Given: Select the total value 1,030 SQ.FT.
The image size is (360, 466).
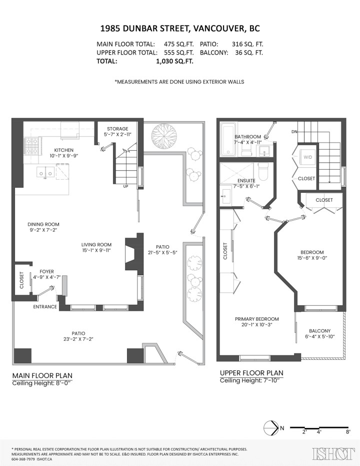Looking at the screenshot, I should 174,61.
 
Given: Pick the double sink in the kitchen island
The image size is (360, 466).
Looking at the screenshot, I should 44,173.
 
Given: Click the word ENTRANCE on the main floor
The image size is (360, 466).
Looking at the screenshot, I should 45,307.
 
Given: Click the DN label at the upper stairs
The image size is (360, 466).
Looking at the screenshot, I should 294,132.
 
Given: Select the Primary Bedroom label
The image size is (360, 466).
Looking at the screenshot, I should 256,322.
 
